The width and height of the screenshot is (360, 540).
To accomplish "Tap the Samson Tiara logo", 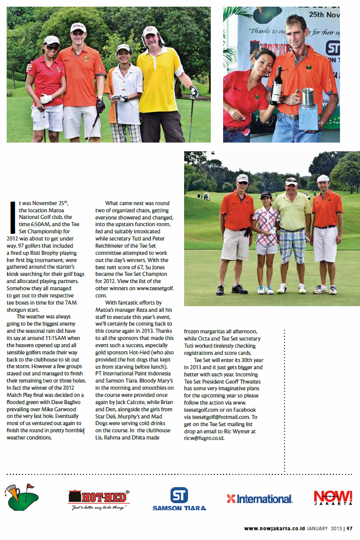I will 179,499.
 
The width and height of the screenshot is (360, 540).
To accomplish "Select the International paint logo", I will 260,498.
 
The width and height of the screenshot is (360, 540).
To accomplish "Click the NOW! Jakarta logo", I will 333,497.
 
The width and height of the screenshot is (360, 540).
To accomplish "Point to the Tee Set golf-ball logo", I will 23,496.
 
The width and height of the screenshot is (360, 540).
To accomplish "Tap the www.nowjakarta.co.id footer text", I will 274,528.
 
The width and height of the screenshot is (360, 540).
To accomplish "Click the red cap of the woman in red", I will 51,39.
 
